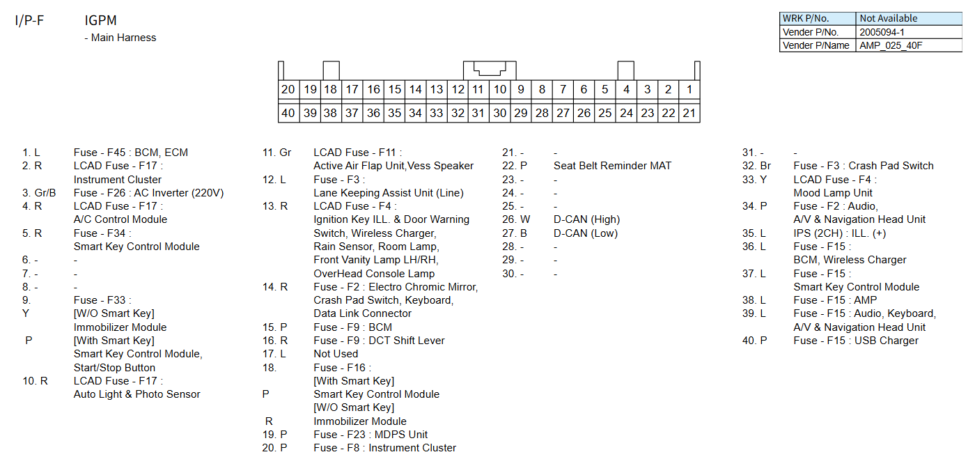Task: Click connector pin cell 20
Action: tap(288, 90)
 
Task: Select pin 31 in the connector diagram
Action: tap(478, 113)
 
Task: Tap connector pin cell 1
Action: tap(689, 90)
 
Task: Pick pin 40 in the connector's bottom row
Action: tap(288, 113)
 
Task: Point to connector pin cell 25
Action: tap(605, 113)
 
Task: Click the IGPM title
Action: tap(100, 21)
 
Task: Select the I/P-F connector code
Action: tap(29, 21)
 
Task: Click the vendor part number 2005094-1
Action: tap(882, 32)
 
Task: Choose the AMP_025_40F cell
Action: tap(891, 45)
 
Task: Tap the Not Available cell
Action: tap(888, 19)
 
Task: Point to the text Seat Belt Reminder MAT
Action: tap(612, 166)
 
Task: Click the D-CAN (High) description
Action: tap(586, 219)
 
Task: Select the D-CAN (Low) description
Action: tap(585, 233)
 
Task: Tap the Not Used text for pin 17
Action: tap(336, 354)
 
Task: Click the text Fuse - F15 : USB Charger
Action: tap(856, 341)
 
